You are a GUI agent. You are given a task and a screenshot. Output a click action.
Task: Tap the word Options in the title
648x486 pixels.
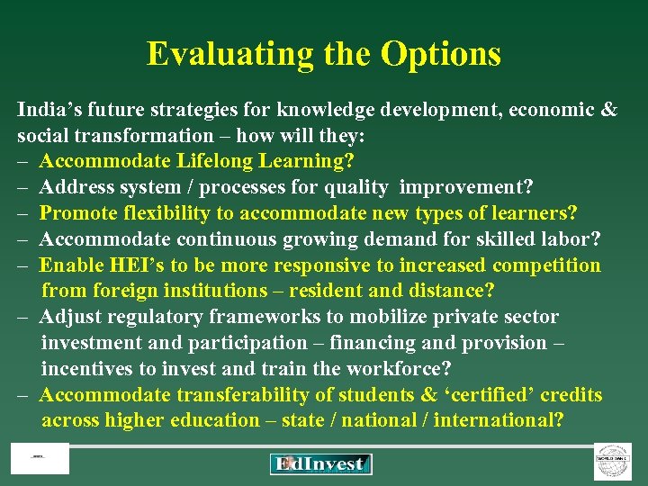(x=441, y=55)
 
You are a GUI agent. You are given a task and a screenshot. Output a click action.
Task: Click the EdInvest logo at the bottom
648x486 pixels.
(x=320, y=464)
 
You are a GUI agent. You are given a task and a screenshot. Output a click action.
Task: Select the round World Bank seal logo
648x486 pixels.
(x=612, y=461)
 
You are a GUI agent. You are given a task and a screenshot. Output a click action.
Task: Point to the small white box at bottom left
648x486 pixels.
(x=40, y=459)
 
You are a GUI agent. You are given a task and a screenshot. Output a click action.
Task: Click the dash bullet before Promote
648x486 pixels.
(x=24, y=214)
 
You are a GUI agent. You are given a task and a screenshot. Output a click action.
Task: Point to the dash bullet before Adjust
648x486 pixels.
(x=24, y=318)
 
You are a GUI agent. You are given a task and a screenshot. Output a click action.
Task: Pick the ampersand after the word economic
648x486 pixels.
(x=609, y=111)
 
